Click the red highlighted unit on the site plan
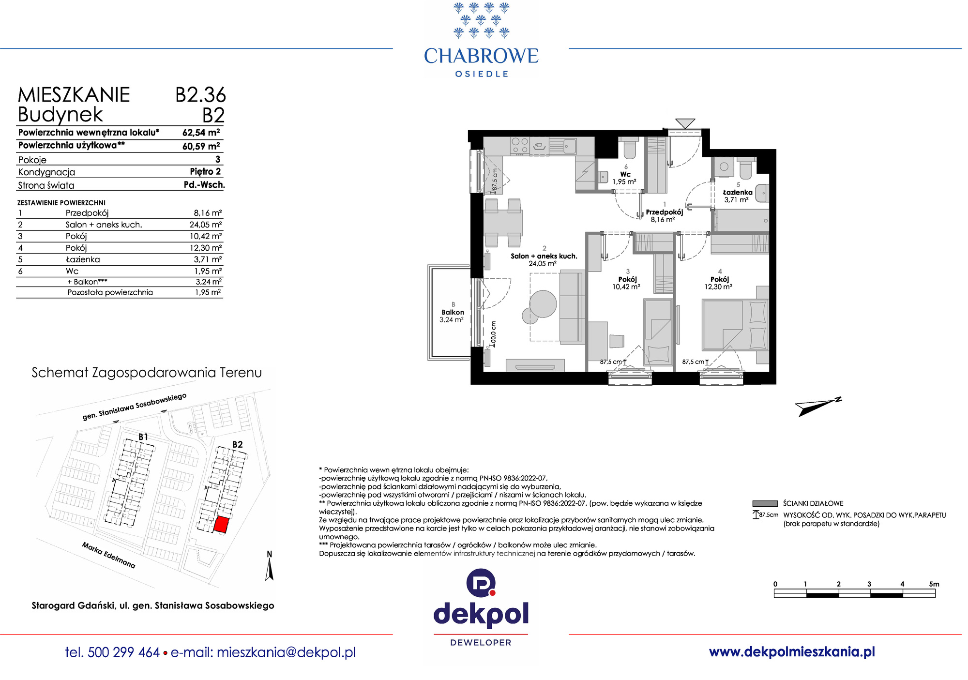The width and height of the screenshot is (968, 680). [x=221, y=525]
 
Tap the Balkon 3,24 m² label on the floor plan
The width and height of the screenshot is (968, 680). [x=452, y=316]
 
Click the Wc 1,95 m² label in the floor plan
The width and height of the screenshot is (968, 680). [x=625, y=178]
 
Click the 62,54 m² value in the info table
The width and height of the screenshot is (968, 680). [x=201, y=133]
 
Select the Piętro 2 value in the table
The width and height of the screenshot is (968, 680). [x=205, y=171]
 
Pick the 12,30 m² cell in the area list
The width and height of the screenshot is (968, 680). [x=206, y=248]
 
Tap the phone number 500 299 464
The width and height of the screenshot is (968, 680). [x=124, y=652]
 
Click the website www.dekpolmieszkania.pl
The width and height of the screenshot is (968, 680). [x=792, y=652]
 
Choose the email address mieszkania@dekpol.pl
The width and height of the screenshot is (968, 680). [x=286, y=652]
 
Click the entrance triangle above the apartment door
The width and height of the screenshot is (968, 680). [x=685, y=123]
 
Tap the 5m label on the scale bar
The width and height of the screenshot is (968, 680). [x=934, y=584]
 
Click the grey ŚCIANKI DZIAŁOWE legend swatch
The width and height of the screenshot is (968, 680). [x=765, y=503]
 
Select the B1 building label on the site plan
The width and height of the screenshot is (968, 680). [x=143, y=437]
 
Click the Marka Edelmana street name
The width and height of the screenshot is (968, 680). [x=108, y=555]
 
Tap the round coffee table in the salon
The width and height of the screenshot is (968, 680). [x=543, y=303]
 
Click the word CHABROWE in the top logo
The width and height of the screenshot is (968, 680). [x=481, y=56]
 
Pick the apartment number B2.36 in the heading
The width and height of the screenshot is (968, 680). [x=200, y=95]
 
